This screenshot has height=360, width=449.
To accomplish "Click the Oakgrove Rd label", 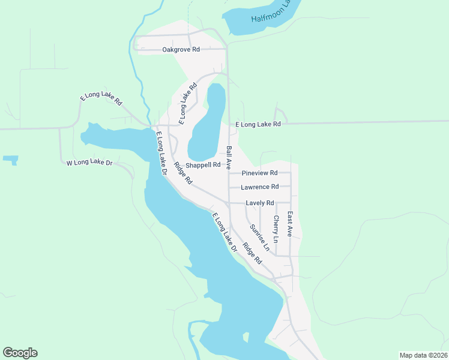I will (x=181, y=49).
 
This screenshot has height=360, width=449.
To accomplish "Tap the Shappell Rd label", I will (x=203, y=164).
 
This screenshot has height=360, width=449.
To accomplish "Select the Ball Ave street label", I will (x=229, y=158).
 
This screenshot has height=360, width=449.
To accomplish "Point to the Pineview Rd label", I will (x=259, y=173).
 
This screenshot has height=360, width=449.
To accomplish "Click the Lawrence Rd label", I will (x=259, y=187).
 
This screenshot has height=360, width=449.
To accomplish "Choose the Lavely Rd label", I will (x=259, y=203).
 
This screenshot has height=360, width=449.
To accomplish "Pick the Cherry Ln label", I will (x=276, y=229).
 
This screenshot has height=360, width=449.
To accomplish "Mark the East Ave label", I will (x=289, y=224).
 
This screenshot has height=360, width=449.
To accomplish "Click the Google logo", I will (x=20, y=353).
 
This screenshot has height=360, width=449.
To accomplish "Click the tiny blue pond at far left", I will (x=10, y=160).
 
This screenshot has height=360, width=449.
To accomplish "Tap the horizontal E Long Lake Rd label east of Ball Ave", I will (x=258, y=124).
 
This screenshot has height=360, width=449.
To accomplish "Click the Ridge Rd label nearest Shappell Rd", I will (x=183, y=173).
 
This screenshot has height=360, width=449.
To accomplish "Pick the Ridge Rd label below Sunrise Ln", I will (x=252, y=253).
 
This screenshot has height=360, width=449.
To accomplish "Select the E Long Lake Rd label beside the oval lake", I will (x=188, y=104).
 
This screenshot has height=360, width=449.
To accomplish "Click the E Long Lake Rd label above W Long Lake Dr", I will (x=101, y=100).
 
